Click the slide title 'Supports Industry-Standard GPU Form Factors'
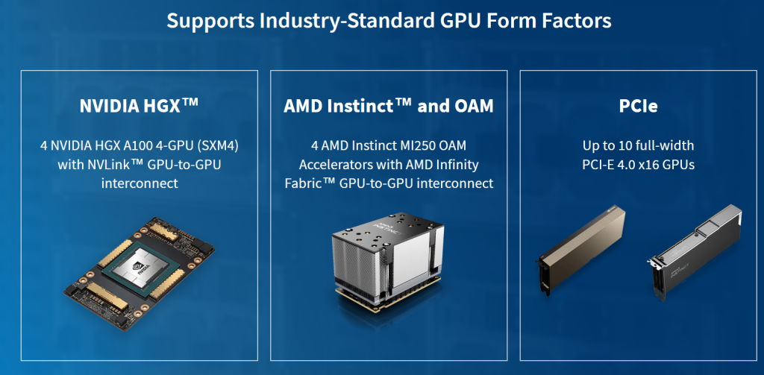[x=389, y=20]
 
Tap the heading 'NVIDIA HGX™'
[x=139, y=107]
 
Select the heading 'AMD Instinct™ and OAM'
[x=389, y=107]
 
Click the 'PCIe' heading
[x=638, y=107]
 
